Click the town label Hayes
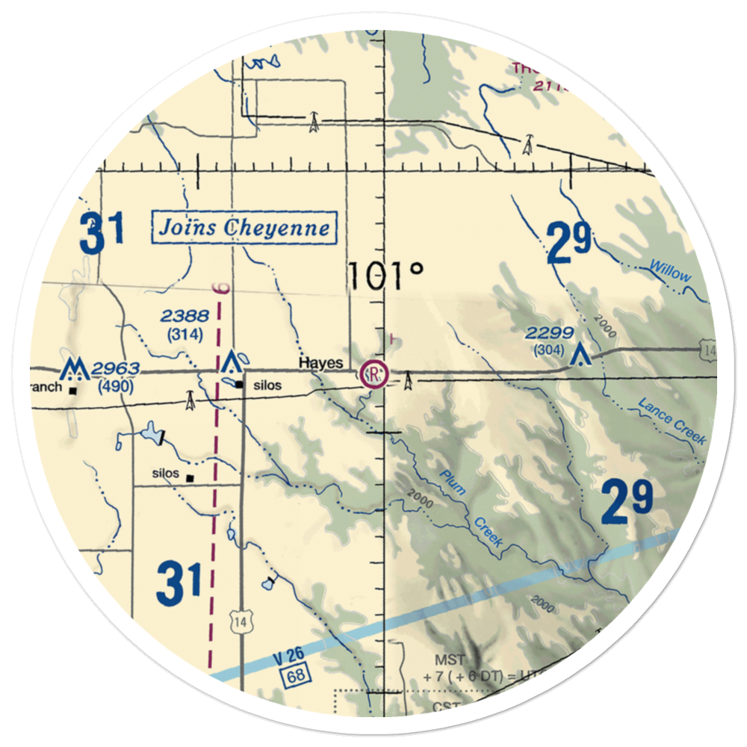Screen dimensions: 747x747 tap(321, 363)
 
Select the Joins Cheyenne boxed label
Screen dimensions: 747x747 tap(244, 227)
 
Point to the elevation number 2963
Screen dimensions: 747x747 tap(116, 369)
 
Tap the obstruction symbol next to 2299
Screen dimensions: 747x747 tap(579, 353)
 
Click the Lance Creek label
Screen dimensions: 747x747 tap(671, 422)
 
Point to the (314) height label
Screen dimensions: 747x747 tap(185, 335)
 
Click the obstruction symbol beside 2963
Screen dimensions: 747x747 tap(74, 368)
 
